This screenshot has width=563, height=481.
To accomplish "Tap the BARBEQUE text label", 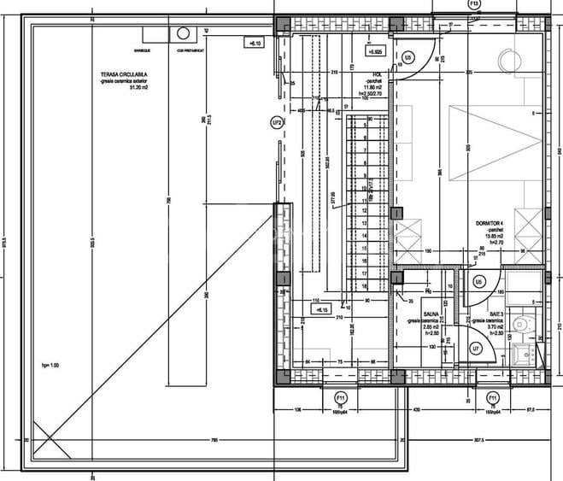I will [x=155, y=26].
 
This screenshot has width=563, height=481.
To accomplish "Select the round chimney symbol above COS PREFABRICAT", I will [x=183, y=33].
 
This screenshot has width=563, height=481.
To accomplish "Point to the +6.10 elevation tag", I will [x=255, y=42].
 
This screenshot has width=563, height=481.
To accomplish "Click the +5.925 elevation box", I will [x=374, y=51].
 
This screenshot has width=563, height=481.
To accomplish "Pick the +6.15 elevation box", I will [x=300, y=310].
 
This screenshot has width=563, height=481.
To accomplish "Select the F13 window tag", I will [x=474, y=4].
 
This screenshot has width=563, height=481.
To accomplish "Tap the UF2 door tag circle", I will [x=276, y=123].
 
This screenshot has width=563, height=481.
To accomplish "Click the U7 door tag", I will [x=475, y=348].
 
